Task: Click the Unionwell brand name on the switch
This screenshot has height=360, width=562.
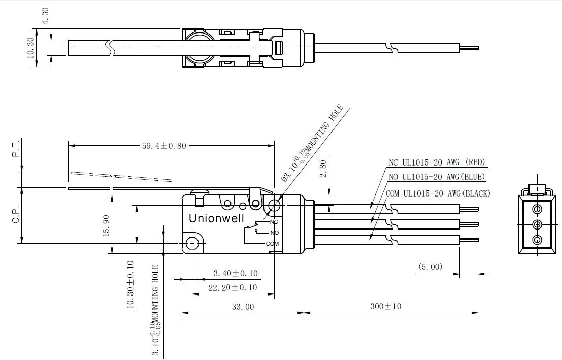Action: coord(216,218)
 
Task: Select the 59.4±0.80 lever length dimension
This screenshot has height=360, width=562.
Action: coord(164,146)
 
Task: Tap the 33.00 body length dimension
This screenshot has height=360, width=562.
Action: coord(243,307)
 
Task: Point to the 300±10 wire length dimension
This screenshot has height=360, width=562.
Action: coord(386,306)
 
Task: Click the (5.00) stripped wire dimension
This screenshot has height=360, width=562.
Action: coord(430,267)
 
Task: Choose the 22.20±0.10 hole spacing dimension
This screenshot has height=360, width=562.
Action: coord(233,287)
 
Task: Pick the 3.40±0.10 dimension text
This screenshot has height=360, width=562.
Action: coord(236,273)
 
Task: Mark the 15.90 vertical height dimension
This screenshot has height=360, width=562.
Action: coord(106,225)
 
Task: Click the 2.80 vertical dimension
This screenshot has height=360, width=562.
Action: coord(323,169)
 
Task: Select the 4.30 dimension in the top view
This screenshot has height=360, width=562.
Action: coord(46,16)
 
